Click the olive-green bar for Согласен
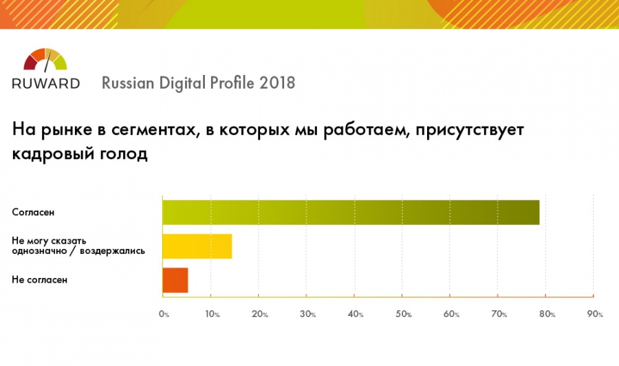tap(351, 212)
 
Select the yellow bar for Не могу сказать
tap(197, 246)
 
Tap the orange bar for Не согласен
tap(175, 280)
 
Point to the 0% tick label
tap(164, 314)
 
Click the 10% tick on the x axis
tap(212, 314)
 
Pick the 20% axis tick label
tap(260, 314)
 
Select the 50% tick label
tap(404, 314)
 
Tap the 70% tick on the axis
tap(499, 314)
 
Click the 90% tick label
tap(595, 314)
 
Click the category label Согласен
tap(34, 213)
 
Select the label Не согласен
tap(39, 280)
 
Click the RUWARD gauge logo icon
tap(45, 60)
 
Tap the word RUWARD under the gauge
tap(45, 83)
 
